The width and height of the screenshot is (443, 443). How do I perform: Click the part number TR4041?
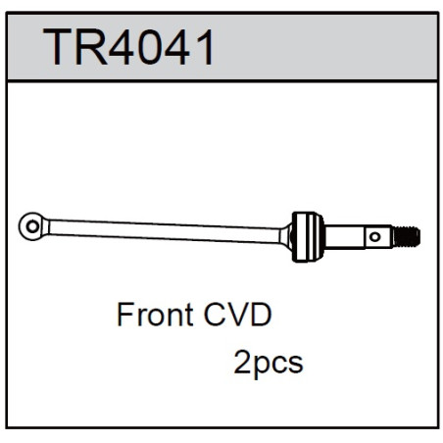(x=128, y=47)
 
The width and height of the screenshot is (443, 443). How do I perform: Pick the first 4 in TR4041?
(x=121, y=47)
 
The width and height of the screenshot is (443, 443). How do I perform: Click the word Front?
(x=155, y=315)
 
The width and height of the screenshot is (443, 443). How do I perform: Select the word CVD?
(x=238, y=315)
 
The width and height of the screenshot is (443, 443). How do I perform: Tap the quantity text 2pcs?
(x=269, y=364)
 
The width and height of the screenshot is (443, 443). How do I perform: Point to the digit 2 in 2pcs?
(x=242, y=362)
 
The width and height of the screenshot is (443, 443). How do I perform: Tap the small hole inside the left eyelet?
(x=32, y=226)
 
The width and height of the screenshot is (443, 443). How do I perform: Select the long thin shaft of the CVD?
(x=165, y=231)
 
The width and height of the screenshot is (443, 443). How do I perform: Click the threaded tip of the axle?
(x=407, y=236)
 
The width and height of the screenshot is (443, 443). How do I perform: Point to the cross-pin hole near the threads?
(x=375, y=236)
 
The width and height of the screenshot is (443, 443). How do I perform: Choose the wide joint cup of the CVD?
(x=308, y=236)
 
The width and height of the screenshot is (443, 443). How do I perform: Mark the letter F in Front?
(x=124, y=315)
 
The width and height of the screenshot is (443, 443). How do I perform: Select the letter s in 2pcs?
(x=296, y=364)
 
